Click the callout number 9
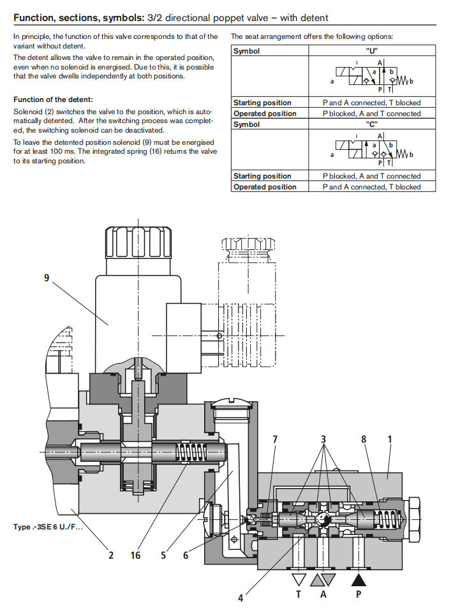pyautogui.click(x=46, y=278)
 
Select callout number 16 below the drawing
pyautogui.click(x=135, y=556)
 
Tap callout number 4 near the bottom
pyautogui.click(x=241, y=598)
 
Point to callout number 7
pyautogui.click(x=275, y=439)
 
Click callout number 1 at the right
pyautogui.click(x=390, y=439)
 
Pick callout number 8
pyautogui.click(x=363, y=439)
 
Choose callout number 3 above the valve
pyautogui.click(x=323, y=439)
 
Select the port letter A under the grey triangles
pyautogui.click(x=323, y=594)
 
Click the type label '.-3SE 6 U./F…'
pyautogui.click(x=48, y=527)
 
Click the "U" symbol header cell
pyautogui.click(x=373, y=51)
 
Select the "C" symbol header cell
pyautogui.click(x=373, y=124)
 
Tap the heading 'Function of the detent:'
pyautogui.click(x=53, y=100)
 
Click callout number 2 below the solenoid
pyautogui.click(x=111, y=556)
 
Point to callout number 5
pyautogui.click(x=163, y=556)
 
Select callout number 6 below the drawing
pyautogui.click(x=186, y=556)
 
